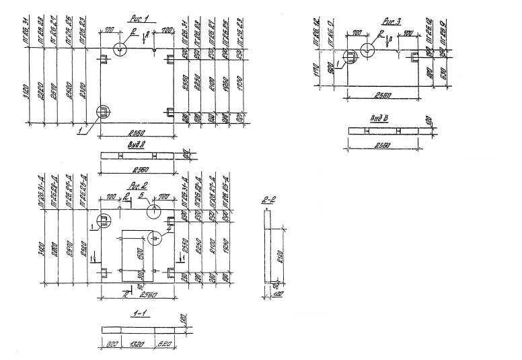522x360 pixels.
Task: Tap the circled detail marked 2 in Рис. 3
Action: pos(369,49)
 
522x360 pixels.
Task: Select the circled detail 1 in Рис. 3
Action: pos(350,58)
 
